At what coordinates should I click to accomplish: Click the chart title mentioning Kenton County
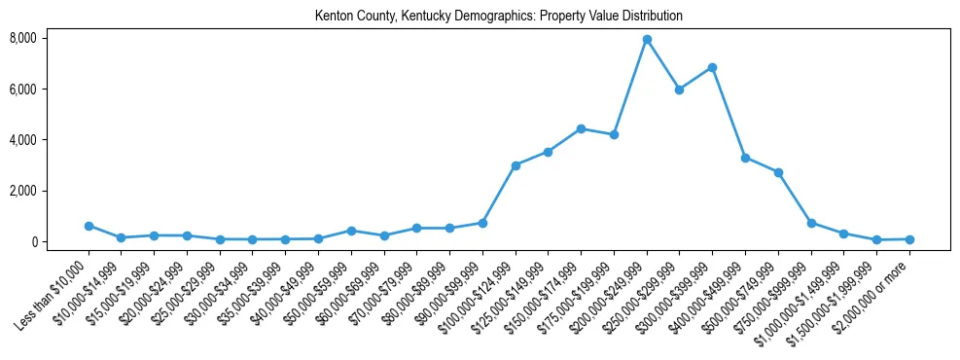[499, 17]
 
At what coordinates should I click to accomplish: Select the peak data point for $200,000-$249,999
[647, 39]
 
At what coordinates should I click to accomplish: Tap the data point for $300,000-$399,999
[713, 67]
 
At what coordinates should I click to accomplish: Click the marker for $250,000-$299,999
[680, 90]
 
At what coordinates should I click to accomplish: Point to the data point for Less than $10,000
[89, 226]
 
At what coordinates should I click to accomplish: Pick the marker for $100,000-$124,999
[516, 165]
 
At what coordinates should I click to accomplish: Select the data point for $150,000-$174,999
[581, 128]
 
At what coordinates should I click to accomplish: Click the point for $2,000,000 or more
[909, 239]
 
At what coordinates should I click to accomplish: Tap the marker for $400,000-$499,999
[745, 158]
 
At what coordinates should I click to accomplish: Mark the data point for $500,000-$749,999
[778, 172]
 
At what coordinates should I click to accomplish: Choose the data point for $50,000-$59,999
[351, 231]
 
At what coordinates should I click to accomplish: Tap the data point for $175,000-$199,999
[614, 134]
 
